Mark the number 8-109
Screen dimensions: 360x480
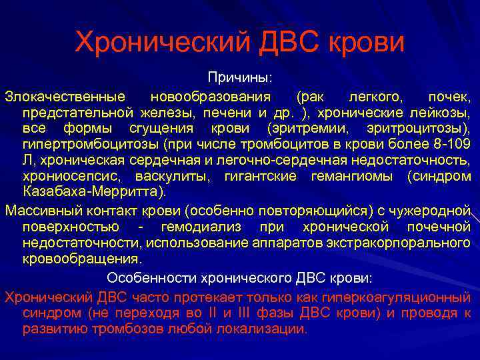pos(450,143)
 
